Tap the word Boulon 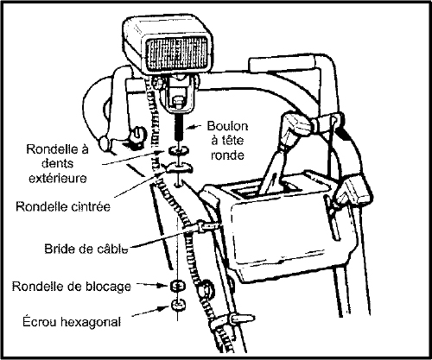[227, 126]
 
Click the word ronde [227, 155]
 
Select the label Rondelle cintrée [63, 206]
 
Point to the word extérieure [58, 178]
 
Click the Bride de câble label [86, 249]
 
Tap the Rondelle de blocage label [72, 287]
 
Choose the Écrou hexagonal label [72, 321]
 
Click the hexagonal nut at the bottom [178, 306]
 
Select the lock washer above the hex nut [178, 286]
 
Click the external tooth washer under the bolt [179, 150]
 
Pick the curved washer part [179, 167]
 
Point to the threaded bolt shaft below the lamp [179, 127]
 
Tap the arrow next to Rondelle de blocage [152, 285]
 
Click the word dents [58, 163]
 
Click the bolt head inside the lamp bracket [177, 102]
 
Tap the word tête [227, 141]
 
